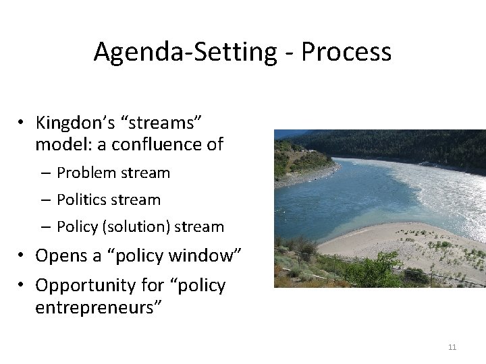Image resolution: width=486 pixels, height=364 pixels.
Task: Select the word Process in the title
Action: pyautogui.click(x=346, y=52)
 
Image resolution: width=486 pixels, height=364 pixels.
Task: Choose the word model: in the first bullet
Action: pyautogui.click(x=60, y=144)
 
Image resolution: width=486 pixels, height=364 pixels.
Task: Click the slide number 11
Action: pyautogui.click(x=452, y=347)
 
